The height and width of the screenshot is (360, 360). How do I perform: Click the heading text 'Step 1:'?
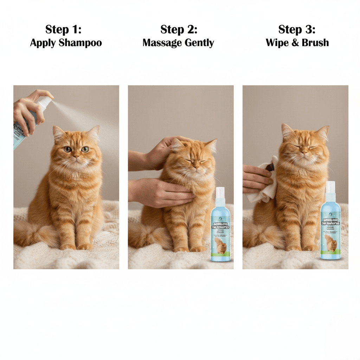click(x=63, y=30)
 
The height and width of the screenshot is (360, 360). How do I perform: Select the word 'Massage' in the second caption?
click(x=159, y=43)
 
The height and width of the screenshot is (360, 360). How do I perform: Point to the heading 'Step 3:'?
click(x=297, y=30)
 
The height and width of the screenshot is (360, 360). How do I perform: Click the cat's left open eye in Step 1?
click(x=67, y=149)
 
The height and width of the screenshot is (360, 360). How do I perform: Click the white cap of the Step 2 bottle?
click(x=220, y=192)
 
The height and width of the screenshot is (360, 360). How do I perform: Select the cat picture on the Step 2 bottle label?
click(x=221, y=246)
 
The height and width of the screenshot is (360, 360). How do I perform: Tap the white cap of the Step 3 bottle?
click(x=330, y=186)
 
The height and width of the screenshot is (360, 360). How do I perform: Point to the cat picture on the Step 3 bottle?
click(x=330, y=243)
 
